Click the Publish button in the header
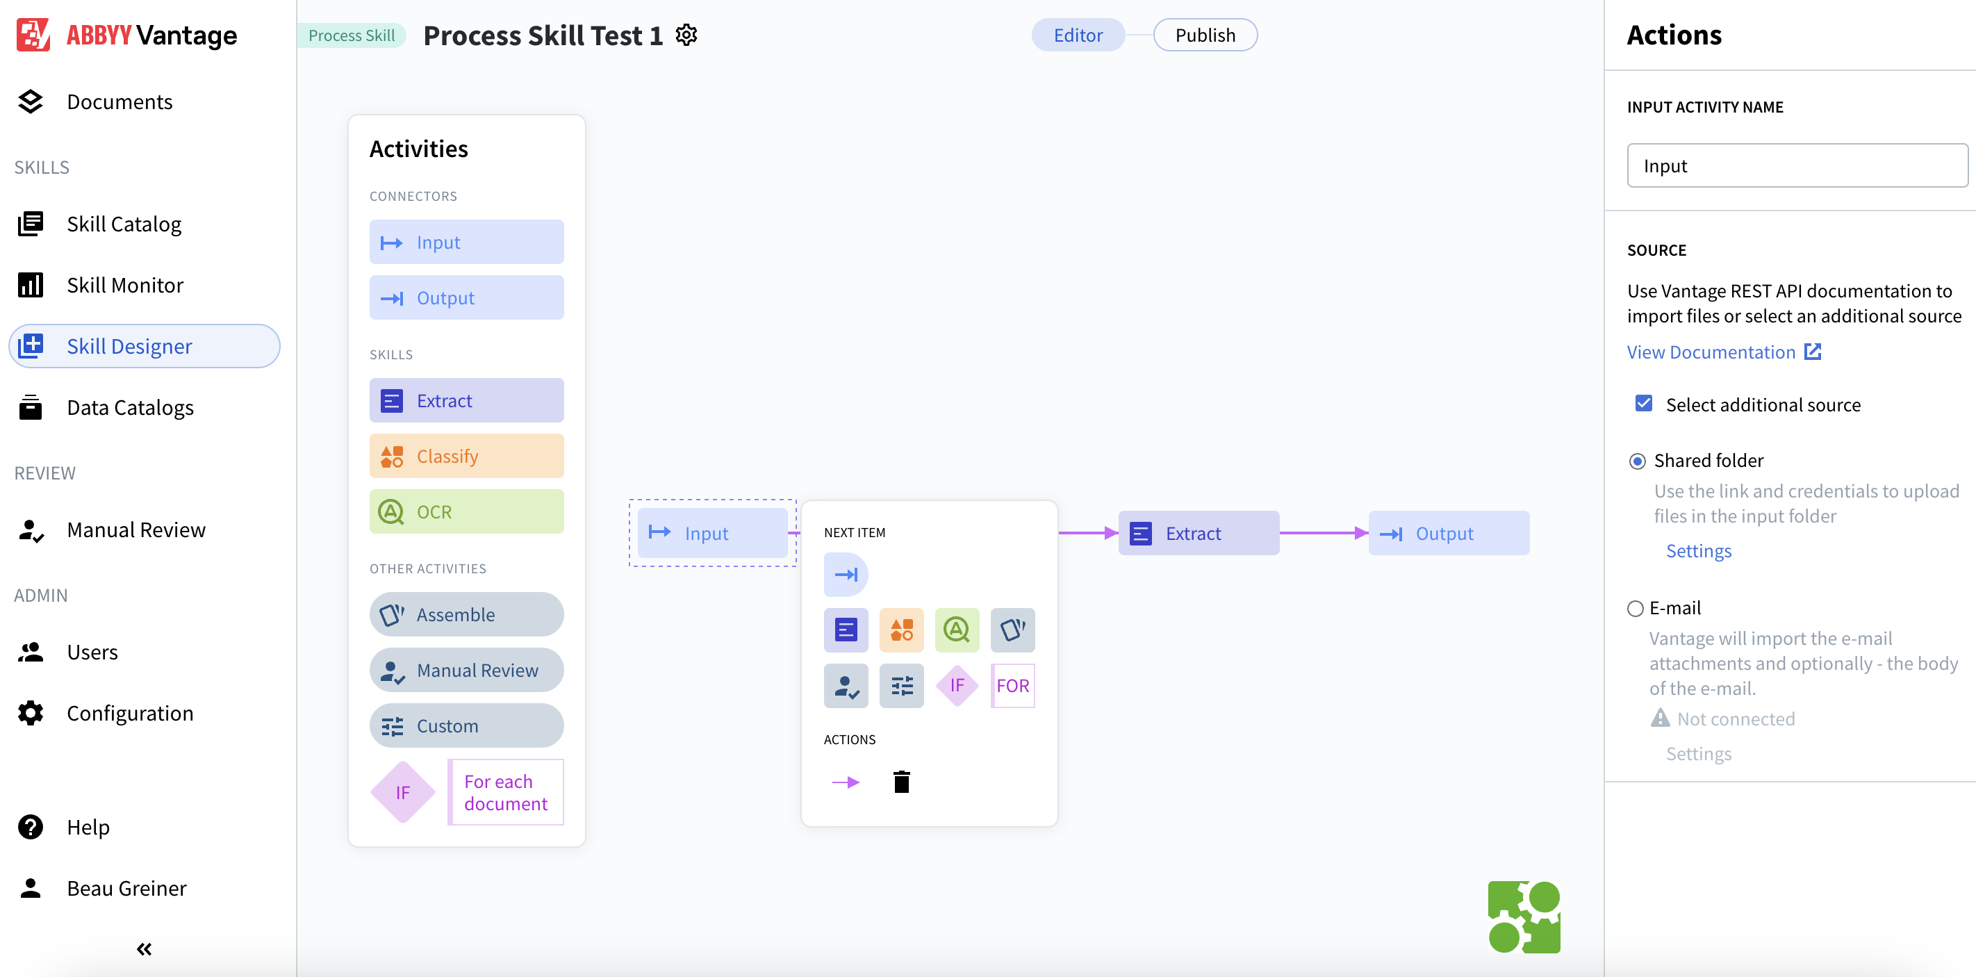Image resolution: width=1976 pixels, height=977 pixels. pyautogui.click(x=1204, y=35)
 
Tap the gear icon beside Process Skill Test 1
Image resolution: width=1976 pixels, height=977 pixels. pyautogui.click(x=686, y=35)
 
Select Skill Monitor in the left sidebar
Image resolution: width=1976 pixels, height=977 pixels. pyautogui.click(x=124, y=286)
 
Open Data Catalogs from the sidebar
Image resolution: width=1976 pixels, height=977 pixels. pyautogui.click(x=130, y=407)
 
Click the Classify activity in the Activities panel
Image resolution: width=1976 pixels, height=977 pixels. pyautogui.click(x=466, y=457)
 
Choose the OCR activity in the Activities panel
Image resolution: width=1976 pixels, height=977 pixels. pyautogui.click(x=466, y=511)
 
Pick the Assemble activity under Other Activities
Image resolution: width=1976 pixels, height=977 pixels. pyautogui.click(x=466, y=614)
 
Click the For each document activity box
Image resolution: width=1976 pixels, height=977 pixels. pyautogui.click(x=506, y=792)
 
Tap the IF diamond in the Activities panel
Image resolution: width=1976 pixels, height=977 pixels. pyautogui.click(x=403, y=792)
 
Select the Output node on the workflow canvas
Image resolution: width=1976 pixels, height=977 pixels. pyautogui.click(x=1447, y=533)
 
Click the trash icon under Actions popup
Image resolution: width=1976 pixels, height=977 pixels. pyautogui.click(x=901, y=782)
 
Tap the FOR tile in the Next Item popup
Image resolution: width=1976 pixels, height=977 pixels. pyautogui.click(x=1012, y=686)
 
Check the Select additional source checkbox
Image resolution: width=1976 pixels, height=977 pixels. pyautogui.click(x=1643, y=403)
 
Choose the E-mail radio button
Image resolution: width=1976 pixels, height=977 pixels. pyautogui.click(x=1636, y=608)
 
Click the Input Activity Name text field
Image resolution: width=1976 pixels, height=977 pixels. pyautogui.click(x=1797, y=165)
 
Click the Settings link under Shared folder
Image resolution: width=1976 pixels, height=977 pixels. pyautogui.click(x=1698, y=550)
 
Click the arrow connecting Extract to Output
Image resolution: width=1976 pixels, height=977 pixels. pyautogui.click(x=1322, y=533)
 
